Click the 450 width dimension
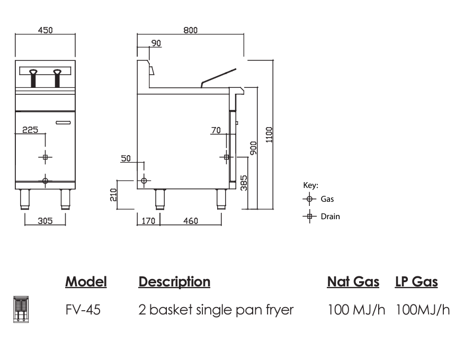click(x=45, y=30)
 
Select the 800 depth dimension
click(x=190, y=30)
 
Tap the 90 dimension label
click(x=156, y=43)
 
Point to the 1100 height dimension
click(x=269, y=135)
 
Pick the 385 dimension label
click(x=244, y=183)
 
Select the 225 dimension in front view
click(x=30, y=129)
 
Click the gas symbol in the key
click(x=309, y=200)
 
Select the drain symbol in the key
click(x=309, y=216)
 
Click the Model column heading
click(x=86, y=282)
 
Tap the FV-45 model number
click(x=83, y=310)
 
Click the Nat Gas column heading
click(x=353, y=282)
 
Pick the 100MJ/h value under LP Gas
click(x=422, y=310)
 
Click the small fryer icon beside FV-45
click(x=21, y=309)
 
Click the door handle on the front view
click(x=63, y=123)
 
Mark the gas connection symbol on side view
click(x=144, y=181)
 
